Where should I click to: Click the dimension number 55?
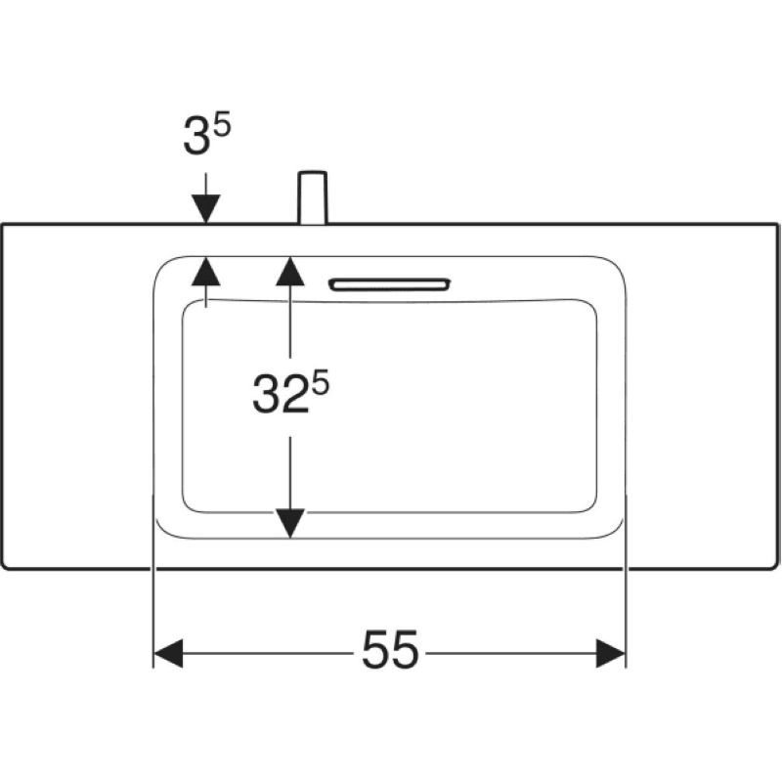(x=390, y=650)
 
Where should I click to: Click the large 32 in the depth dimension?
(x=281, y=394)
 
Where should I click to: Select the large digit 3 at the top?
(x=196, y=136)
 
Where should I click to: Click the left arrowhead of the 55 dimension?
(x=168, y=653)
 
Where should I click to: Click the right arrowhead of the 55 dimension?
(x=610, y=653)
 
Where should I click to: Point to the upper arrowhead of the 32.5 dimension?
(x=290, y=271)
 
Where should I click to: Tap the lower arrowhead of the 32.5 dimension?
(x=290, y=524)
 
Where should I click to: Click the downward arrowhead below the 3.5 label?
(x=206, y=209)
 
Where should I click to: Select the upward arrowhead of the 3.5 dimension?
(x=206, y=271)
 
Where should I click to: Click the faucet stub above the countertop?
(x=313, y=198)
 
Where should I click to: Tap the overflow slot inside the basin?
(x=389, y=284)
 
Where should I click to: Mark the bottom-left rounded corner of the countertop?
(x=5, y=564)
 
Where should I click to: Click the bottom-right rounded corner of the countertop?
(x=774, y=564)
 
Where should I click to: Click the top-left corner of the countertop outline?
(x=3, y=225)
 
